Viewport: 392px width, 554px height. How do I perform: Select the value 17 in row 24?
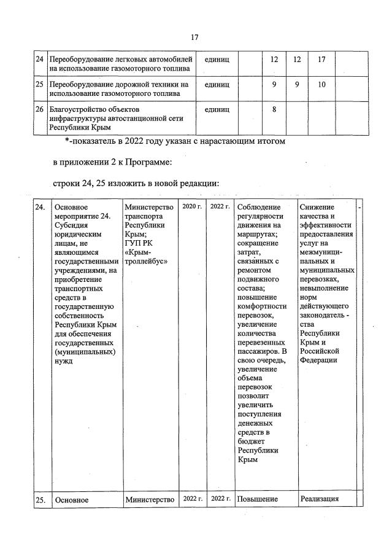coord(321,60)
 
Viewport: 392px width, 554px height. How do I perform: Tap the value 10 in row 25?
coord(321,84)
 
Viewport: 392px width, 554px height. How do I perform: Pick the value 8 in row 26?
coord(274,109)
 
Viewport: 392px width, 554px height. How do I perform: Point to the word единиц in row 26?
coord(217,109)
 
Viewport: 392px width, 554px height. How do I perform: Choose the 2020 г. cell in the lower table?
coord(192,207)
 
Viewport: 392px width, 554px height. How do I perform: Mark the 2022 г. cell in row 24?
coord(220,207)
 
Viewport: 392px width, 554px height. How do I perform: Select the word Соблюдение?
coord(258,208)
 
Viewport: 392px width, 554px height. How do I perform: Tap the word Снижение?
coord(318,208)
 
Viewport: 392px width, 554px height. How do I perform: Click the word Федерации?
coord(319,360)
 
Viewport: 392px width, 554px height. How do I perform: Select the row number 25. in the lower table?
coord(40,500)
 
